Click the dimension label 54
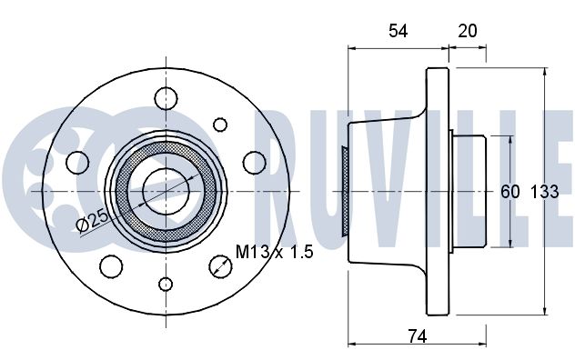(x=398, y=31)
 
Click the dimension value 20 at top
(x=468, y=31)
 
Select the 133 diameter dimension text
(x=545, y=192)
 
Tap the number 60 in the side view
(x=510, y=192)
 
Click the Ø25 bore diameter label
(x=94, y=221)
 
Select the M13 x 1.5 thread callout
(x=274, y=252)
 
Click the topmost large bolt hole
(x=166, y=98)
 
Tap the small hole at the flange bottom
(x=166, y=285)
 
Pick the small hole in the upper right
(x=220, y=125)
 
